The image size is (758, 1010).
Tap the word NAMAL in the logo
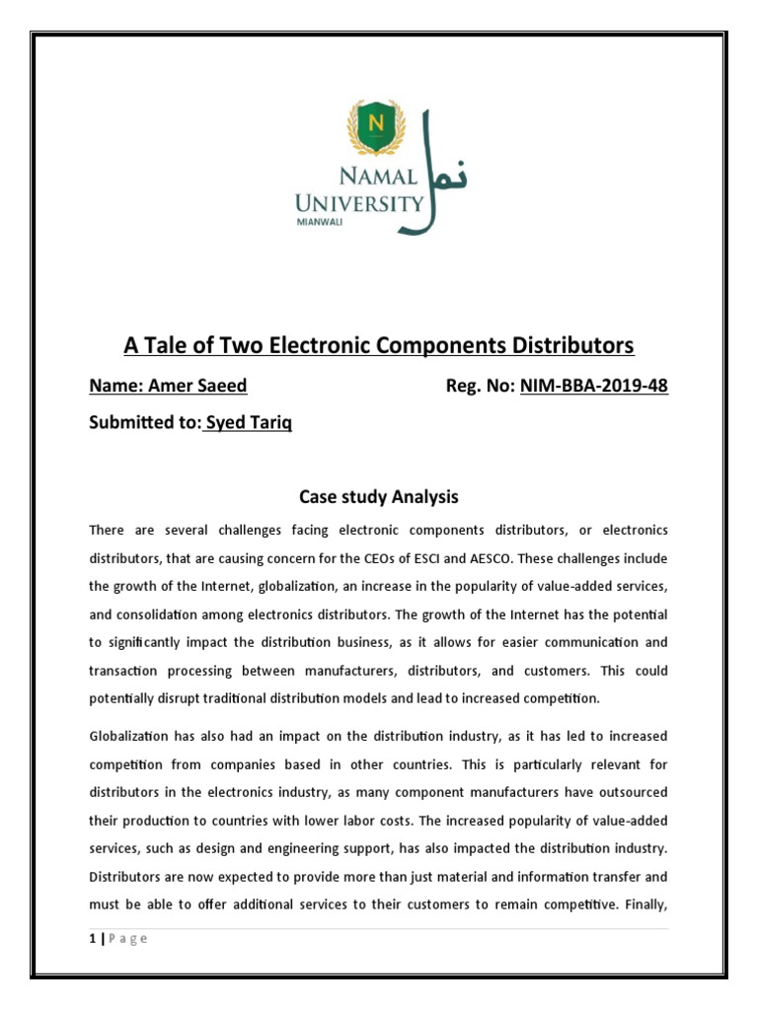(x=362, y=178)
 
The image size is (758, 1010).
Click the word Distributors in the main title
(x=568, y=346)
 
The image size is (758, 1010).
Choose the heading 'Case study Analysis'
(x=379, y=497)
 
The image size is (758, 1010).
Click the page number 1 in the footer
(x=92, y=938)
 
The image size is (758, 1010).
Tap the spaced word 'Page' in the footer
(x=127, y=938)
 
